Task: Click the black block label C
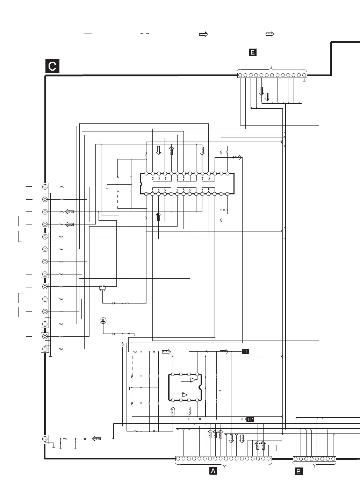pyautogui.click(x=52, y=66)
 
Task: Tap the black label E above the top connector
pyautogui.click(x=252, y=52)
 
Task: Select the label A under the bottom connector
pyautogui.click(x=213, y=471)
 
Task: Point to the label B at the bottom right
pyautogui.click(x=298, y=471)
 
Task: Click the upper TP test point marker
pyautogui.click(x=246, y=352)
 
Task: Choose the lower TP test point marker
pyautogui.click(x=250, y=419)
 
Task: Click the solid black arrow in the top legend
pyautogui.click(x=203, y=34)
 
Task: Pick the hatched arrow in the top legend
pyautogui.click(x=269, y=34)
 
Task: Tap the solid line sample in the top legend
pyautogui.click(x=88, y=34)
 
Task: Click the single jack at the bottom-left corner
pyautogui.click(x=45, y=439)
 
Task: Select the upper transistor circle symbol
pyautogui.click(x=103, y=288)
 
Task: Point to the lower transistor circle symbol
pyautogui.click(x=103, y=321)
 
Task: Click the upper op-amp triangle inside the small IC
pyautogui.click(x=193, y=380)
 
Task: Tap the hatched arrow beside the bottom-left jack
pyautogui.click(x=96, y=438)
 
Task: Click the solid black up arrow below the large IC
pyautogui.click(x=158, y=217)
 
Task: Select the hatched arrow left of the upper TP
pyautogui.click(x=224, y=351)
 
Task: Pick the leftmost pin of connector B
pyautogui.click(x=296, y=459)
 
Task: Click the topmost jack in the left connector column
pyautogui.click(x=45, y=187)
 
